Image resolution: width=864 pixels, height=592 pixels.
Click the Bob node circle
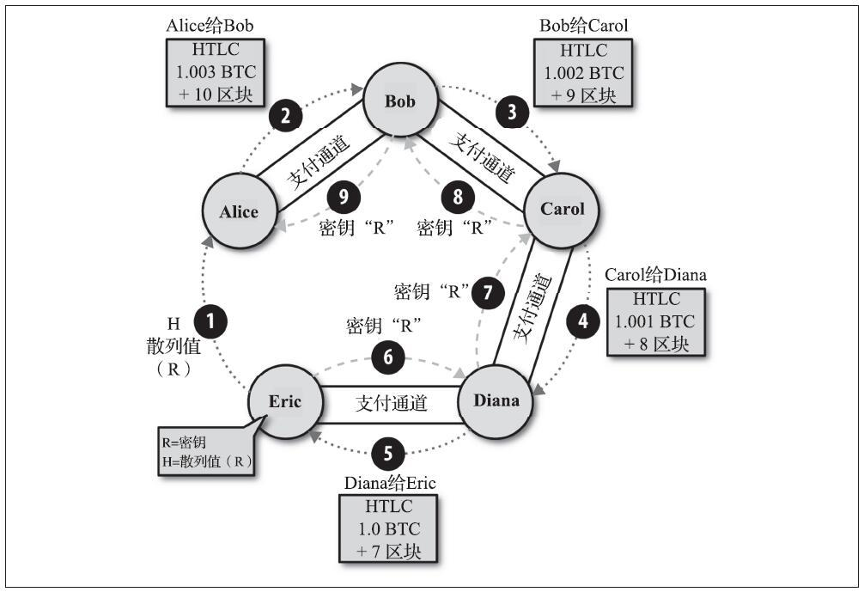[400, 101]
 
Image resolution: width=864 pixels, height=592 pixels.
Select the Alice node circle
[239, 211]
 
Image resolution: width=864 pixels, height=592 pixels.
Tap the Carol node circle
[562, 210]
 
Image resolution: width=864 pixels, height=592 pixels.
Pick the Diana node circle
[496, 400]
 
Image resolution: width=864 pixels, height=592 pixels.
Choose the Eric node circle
[285, 401]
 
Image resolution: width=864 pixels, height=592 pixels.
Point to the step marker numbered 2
[285, 116]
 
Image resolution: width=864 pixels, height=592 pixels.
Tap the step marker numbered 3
[512, 112]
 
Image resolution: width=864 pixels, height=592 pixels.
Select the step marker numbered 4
[583, 320]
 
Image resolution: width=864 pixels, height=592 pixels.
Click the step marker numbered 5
[388, 453]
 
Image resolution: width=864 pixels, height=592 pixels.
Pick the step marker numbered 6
[388, 357]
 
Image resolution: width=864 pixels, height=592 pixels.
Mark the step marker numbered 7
[488, 291]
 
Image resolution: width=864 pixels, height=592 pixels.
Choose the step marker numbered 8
[458, 197]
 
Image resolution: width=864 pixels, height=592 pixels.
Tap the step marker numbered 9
[344, 197]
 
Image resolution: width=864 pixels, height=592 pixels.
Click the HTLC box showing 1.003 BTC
[216, 72]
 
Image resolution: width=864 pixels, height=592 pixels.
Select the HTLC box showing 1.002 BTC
[583, 73]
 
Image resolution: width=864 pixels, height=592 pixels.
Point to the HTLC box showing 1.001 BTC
[655, 322]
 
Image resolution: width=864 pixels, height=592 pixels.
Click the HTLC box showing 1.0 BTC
[388, 528]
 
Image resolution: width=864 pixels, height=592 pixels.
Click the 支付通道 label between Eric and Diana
[392, 403]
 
